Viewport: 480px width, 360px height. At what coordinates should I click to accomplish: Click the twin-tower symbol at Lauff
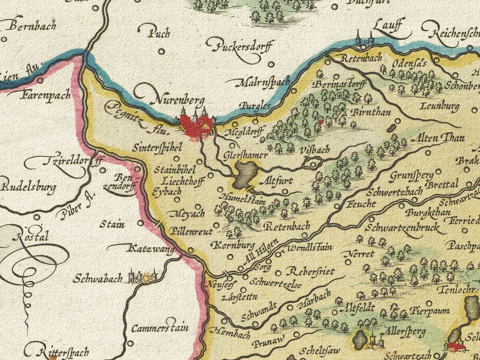(x=364, y=40)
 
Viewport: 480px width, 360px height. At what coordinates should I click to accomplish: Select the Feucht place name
(x=361, y=204)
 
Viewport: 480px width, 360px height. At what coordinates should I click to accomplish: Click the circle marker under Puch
(x=161, y=51)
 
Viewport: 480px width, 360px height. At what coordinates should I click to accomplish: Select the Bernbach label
(x=32, y=27)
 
